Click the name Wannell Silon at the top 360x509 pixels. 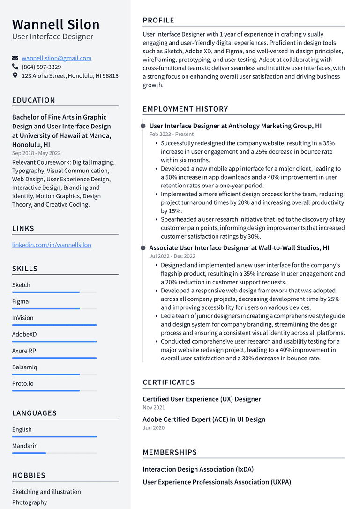[56, 24]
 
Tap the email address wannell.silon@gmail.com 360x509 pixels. [56, 58]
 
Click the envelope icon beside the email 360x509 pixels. [15, 58]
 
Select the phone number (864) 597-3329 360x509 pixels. [41, 67]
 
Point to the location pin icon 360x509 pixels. [15, 75]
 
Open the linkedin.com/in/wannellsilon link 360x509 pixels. [52, 245]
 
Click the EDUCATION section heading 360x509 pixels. [34, 100]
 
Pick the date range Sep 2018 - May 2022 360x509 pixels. [36, 153]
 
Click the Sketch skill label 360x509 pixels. [21, 285]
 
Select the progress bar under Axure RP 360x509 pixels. [54, 358]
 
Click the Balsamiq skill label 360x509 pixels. [24, 367]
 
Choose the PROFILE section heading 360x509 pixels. [158, 21]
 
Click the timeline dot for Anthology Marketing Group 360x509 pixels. [143, 126]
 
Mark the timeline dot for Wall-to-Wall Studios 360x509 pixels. [143, 248]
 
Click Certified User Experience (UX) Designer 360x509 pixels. [202, 399]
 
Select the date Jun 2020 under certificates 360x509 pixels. [153, 428]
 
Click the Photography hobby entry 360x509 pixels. [30, 502]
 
